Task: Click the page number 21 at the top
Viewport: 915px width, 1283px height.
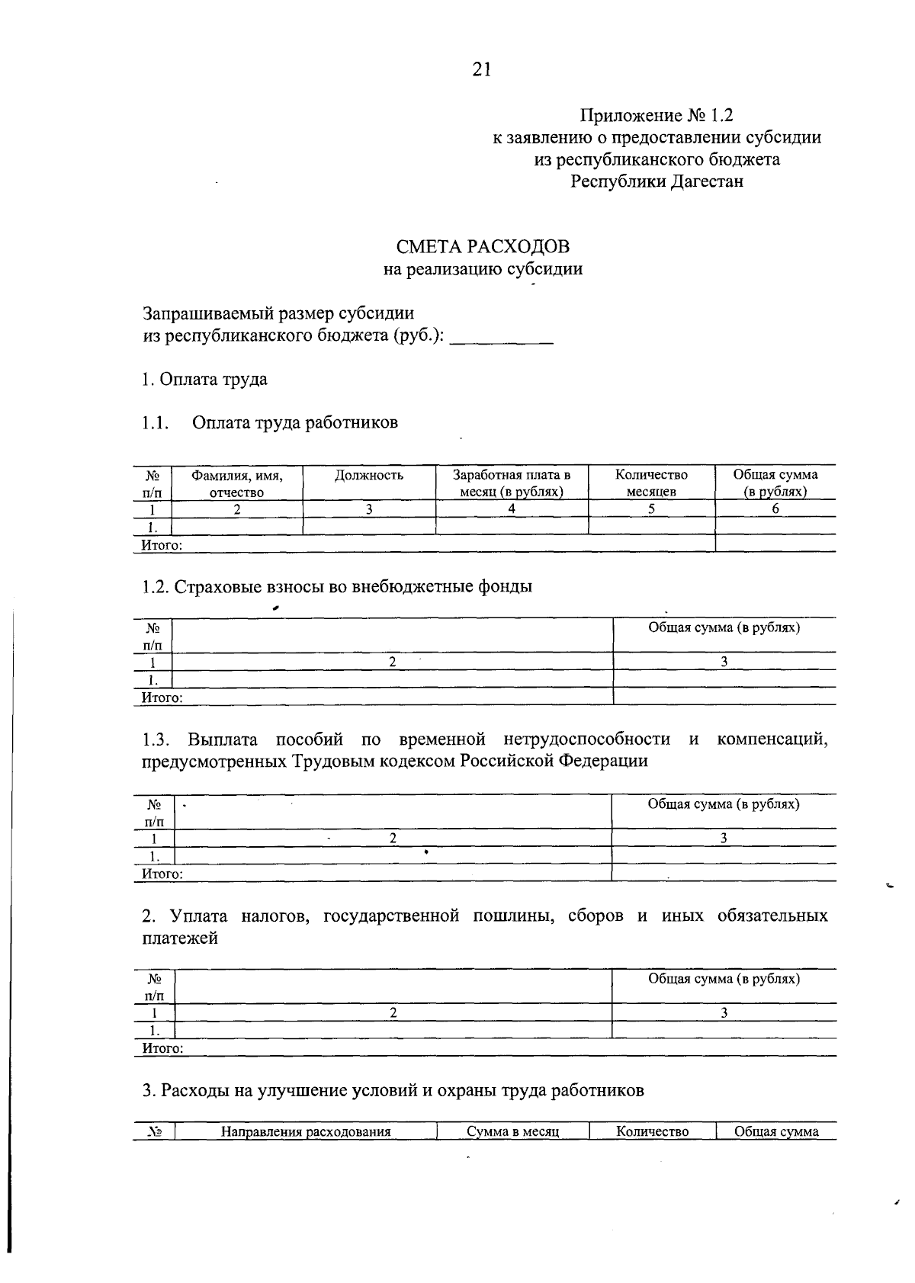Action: point(482,70)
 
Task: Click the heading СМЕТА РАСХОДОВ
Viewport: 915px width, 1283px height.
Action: point(482,247)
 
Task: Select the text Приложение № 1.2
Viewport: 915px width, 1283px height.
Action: point(656,116)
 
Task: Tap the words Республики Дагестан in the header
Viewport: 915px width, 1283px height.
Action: point(657,181)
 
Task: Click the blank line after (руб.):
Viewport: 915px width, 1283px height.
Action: point(501,339)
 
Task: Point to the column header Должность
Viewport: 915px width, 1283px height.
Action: point(368,476)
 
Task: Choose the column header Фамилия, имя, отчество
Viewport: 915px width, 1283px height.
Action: point(237,483)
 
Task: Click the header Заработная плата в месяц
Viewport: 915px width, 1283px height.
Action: point(512,483)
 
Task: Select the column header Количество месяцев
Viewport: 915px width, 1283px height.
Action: point(651,483)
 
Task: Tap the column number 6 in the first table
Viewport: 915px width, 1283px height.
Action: point(775,509)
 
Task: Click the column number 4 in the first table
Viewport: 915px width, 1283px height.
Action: point(512,509)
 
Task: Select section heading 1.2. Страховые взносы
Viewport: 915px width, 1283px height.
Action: point(336,587)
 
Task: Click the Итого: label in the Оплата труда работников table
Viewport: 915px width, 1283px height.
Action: point(162,545)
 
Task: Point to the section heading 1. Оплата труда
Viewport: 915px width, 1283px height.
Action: point(204,380)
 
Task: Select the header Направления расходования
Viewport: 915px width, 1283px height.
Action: point(306,1131)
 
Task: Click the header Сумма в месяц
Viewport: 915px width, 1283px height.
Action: point(513,1131)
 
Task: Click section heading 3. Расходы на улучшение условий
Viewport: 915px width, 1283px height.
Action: point(393,1091)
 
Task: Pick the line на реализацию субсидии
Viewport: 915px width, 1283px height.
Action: point(483,269)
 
